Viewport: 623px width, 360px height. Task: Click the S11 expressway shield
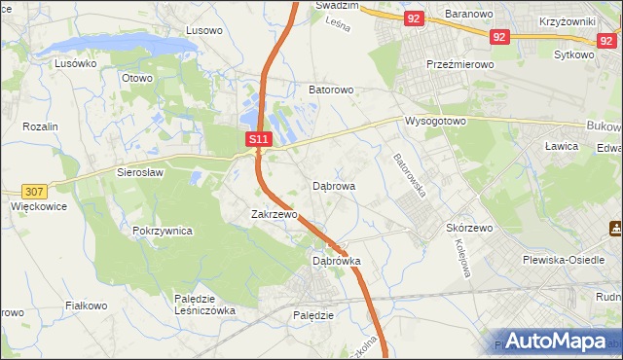coord(258,140)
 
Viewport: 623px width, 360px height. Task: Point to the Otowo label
coord(137,78)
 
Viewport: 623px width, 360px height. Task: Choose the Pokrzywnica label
coord(162,231)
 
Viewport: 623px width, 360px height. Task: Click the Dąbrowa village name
coord(334,185)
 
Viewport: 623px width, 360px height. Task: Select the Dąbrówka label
coord(337,261)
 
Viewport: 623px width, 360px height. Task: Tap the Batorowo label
coord(331,90)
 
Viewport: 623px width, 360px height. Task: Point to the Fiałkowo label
coord(86,306)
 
